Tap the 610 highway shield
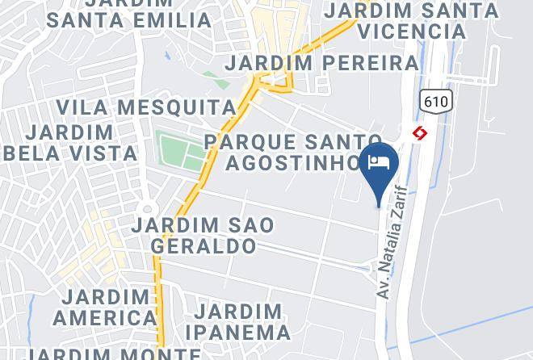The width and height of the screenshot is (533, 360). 436,101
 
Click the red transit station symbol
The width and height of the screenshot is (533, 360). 420,132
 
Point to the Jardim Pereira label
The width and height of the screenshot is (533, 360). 321,63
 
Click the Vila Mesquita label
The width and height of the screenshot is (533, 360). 146,107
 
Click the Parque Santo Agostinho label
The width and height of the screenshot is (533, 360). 292,153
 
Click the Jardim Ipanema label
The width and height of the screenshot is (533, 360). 238,321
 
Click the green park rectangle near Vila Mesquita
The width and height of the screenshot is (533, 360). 178,152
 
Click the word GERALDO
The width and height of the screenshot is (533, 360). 204,245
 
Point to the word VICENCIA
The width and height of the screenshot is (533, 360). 412,31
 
